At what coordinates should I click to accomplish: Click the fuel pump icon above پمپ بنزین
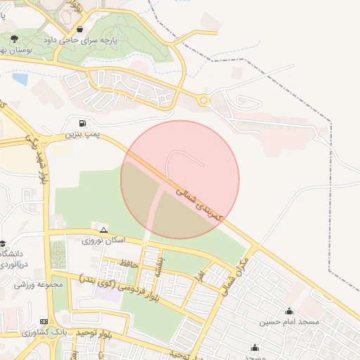tap(83, 122)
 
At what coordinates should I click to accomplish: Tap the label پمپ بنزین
tap(83, 132)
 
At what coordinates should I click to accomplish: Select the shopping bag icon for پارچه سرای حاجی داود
tap(80, 30)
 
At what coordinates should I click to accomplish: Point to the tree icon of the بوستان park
tap(14, 38)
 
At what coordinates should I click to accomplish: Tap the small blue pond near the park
tap(20, 79)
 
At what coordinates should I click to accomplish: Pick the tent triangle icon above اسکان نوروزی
tap(103, 230)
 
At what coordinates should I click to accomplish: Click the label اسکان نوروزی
tap(103, 240)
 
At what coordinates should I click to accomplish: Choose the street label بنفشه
tap(160, 265)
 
